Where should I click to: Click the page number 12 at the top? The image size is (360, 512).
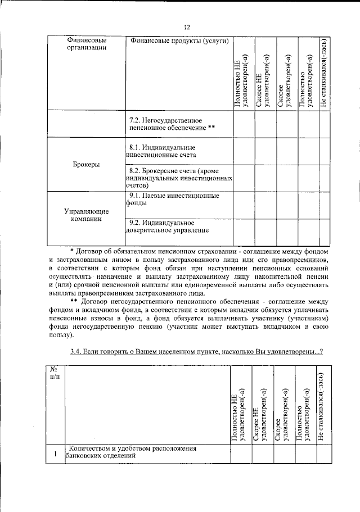click(187, 26)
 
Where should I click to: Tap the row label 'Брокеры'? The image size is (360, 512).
click(87, 165)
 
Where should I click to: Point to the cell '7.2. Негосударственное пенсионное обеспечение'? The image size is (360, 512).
click(172, 124)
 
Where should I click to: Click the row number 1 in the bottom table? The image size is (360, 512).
click(55, 453)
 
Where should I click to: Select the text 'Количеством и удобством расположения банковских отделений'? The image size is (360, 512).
click(133, 452)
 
